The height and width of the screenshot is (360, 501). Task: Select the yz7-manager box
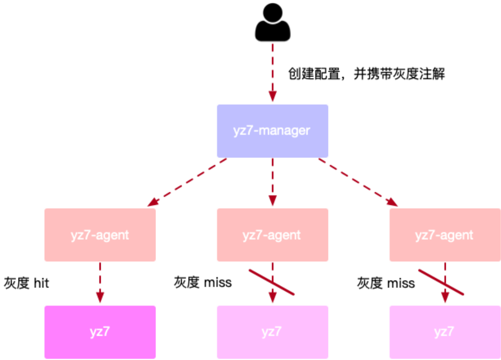point(272,131)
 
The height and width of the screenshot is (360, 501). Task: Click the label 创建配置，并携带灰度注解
point(366,74)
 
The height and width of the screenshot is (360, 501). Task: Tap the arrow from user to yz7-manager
point(272,73)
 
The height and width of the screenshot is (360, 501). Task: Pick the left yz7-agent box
point(100,235)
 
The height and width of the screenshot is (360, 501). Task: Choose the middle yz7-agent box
point(272,235)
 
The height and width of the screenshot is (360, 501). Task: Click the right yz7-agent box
point(445,235)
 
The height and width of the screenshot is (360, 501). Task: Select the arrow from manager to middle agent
point(272,182)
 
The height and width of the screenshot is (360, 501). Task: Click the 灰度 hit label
point(27,283)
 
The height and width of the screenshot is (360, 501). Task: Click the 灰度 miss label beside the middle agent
point(203,282)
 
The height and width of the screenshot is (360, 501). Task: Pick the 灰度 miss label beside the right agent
point(386,283)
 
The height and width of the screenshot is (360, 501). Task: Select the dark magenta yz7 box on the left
point(100,332)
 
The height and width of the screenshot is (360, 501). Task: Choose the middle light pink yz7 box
point(272,332)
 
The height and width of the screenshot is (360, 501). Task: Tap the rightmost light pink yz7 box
point(445,332)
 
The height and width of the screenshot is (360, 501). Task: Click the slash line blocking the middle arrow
point(271,282)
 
